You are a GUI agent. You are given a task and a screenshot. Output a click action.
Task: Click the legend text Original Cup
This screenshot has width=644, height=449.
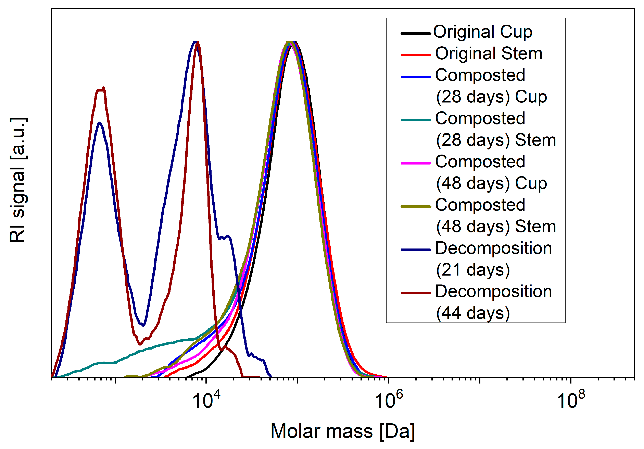(x=482, y=32)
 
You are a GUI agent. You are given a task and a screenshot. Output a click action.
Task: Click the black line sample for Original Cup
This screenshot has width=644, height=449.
(x=416, y=33)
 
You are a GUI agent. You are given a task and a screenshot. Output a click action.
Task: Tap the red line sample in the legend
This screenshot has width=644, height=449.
(x=416, y=55)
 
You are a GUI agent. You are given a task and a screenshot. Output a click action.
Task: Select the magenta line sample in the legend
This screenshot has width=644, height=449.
(x=416, y=163)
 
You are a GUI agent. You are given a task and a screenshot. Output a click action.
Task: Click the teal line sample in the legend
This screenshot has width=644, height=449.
(x=416, y=120)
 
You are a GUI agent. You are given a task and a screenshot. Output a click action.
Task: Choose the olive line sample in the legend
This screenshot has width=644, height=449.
(x=416, y=207)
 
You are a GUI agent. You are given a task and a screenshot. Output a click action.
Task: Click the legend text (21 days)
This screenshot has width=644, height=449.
(x=473, y=270)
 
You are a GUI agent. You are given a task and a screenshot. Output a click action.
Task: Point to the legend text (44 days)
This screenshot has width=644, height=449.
(x=473, y=313)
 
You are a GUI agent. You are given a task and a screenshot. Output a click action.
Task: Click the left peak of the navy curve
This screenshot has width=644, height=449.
(x=100, y=123)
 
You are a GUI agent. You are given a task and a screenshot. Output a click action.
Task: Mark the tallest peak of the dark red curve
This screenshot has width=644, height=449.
(x=198, y=43)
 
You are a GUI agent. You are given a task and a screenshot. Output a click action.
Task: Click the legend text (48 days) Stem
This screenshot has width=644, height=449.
(x=496, y=227)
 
